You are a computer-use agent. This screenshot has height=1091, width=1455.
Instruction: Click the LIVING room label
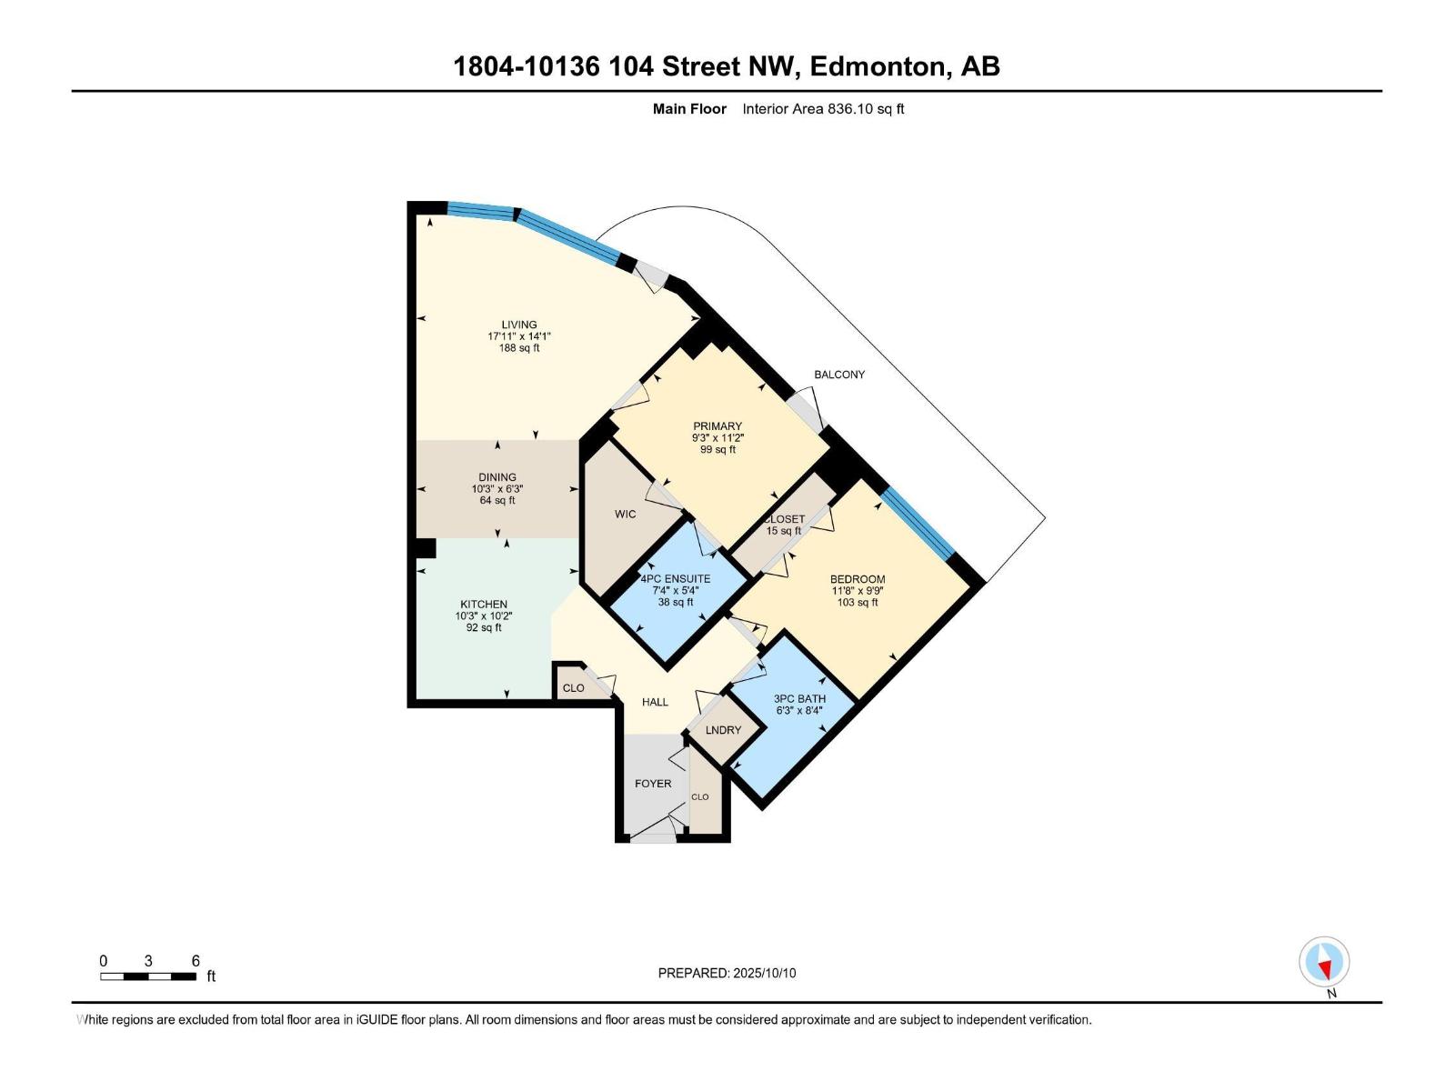(519, 325)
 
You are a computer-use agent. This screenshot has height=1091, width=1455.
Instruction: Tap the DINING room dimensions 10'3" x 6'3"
(497, 489)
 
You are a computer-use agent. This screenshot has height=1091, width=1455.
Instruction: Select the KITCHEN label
(484, 605)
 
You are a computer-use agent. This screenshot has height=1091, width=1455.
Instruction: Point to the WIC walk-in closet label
(626, 515)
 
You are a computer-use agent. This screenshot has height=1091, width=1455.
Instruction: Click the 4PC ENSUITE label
(676, 579)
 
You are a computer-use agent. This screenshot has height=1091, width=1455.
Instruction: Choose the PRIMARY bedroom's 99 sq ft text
(717, 449)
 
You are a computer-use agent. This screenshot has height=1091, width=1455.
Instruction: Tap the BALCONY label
(839, 375)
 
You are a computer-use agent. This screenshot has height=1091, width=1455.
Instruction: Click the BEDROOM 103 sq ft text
(858, 602)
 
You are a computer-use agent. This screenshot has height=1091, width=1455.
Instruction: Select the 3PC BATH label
(799, 699)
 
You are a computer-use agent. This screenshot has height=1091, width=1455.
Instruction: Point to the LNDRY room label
(724, 730)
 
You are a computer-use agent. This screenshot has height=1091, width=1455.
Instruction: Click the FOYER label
(653, 784)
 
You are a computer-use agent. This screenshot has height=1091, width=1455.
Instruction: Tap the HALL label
(655, 702)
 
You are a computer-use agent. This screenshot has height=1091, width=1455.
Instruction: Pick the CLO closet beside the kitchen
(574, 688)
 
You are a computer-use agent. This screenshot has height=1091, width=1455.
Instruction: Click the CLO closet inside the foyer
(700, 797)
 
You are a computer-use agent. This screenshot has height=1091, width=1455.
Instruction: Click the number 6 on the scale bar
(196, 961)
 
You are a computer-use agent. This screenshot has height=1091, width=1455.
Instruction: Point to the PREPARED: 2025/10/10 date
(727, 973)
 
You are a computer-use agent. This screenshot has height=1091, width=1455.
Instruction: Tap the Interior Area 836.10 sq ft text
(823, 109)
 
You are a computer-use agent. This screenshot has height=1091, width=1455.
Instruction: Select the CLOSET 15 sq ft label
(784, 525)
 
